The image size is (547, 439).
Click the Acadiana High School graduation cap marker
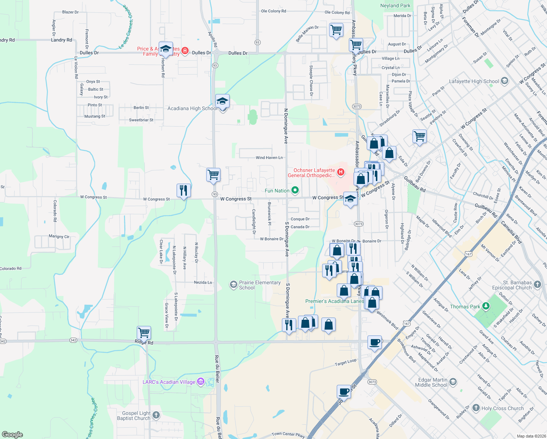tap(222, 101)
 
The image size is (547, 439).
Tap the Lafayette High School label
tap(474, 81)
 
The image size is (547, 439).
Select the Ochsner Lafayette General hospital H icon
tap(341, 172)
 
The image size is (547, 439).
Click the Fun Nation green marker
tap(295, 190)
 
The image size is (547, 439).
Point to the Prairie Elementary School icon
tap(233, 285)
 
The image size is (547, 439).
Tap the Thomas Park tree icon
tap(486, 306)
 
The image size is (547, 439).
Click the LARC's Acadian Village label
tap(169, 382)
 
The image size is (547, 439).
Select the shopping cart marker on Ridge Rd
tap(144, 333)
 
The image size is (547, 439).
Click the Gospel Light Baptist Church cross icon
tap(156, 415)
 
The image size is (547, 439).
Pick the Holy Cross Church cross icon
tap(476, 408)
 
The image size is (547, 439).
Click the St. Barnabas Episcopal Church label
tap(512, 285)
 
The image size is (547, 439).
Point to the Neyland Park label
tap(395, 5)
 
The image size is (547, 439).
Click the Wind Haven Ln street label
tap(269, 158)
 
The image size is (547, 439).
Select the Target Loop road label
tap(346, 363)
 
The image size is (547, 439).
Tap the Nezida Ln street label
tap(203, 282)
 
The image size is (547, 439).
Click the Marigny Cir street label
tap(59, 236)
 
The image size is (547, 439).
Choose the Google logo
tap(12, 434)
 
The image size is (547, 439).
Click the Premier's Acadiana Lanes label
tap(334, 301)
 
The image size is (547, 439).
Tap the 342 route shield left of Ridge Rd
tap(73, 340)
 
